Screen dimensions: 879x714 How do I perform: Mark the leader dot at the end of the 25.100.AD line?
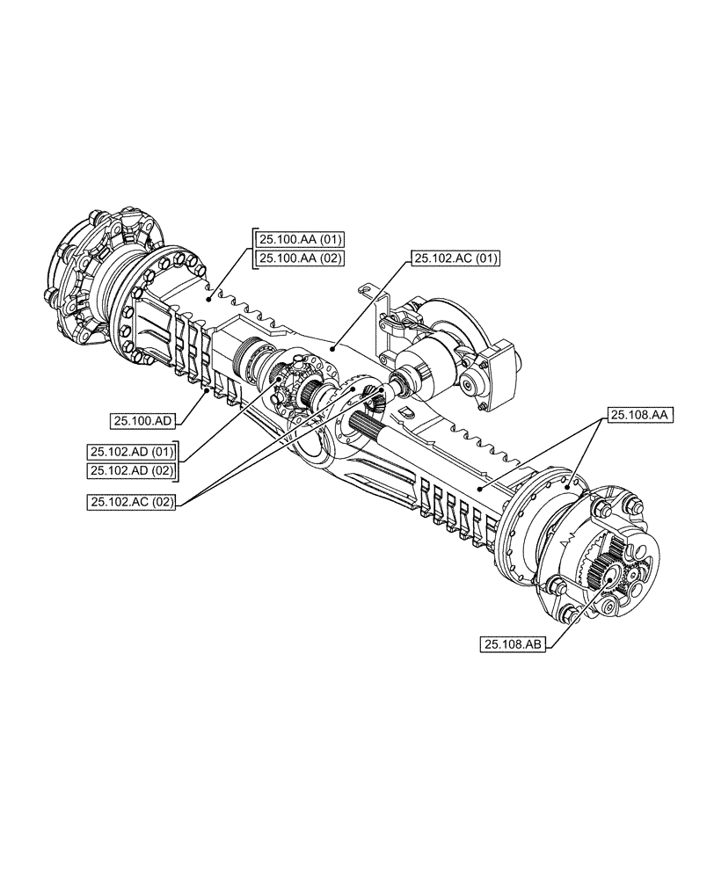coord(207,392)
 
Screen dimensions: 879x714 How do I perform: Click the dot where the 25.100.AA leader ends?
coord(208,299)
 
